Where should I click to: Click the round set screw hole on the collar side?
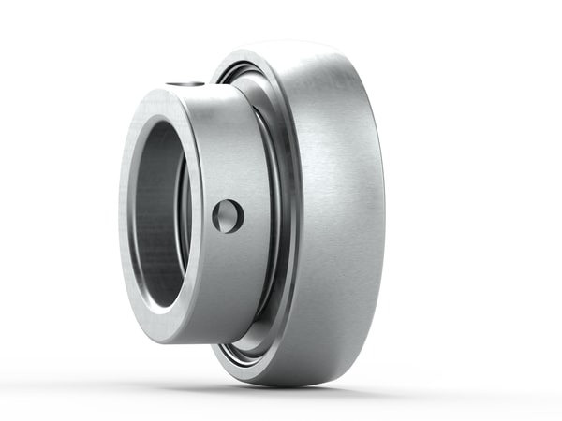pyautogui.click(x=227, y=216)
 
